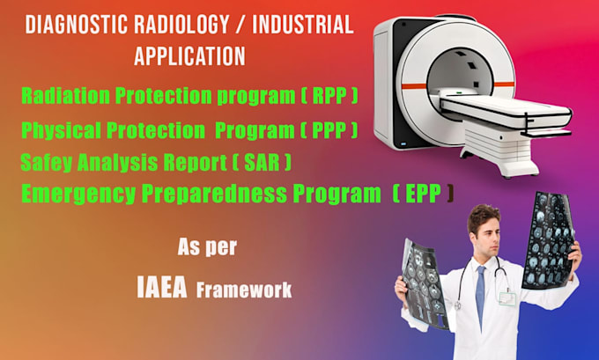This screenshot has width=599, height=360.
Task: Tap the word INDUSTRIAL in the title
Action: point(303,25)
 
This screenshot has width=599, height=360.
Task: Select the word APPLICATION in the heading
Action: point(189,56)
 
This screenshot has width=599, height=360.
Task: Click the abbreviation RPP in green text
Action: point(329,95)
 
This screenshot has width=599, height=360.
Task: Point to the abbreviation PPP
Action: point(329,130)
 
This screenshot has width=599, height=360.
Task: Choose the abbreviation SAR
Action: point(262,162)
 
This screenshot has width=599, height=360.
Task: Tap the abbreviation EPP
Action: point(424,194)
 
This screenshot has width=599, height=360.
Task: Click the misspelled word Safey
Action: point(46,163)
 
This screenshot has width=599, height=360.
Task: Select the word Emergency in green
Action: point(78,194)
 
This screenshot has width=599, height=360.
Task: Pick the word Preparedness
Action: point(214,194)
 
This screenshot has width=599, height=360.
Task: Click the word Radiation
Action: point(65,95)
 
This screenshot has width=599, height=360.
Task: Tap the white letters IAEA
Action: point(162,288)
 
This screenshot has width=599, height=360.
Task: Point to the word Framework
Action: point(244,290)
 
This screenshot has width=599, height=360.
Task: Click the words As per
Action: point(207,247)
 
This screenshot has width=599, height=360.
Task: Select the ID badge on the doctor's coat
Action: point(507,298)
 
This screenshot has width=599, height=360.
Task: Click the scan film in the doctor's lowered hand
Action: point(425,283)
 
